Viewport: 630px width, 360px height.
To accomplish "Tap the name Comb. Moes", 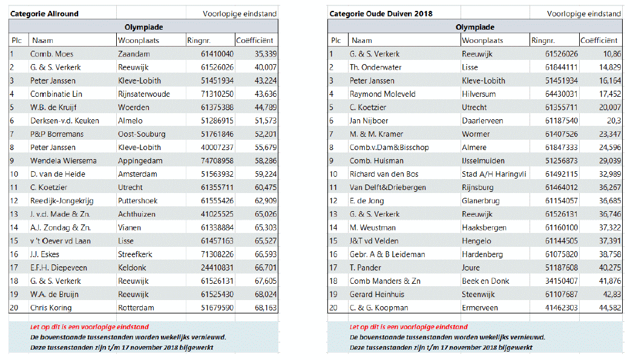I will tap(51, 54).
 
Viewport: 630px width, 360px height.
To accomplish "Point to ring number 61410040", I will tap(217, 54).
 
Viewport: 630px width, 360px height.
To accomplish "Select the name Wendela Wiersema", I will tap(62, 161).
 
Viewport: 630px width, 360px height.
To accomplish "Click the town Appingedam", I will tap(141, 161).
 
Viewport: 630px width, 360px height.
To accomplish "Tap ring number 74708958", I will tap(217, 161).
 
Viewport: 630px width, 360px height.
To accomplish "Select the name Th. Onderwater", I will tap(375, 67).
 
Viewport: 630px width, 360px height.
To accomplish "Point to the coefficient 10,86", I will tap(611, 54).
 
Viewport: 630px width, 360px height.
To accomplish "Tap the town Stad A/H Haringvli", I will tap(494, 174).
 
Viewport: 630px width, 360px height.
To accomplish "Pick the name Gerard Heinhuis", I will tap(377, 294).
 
